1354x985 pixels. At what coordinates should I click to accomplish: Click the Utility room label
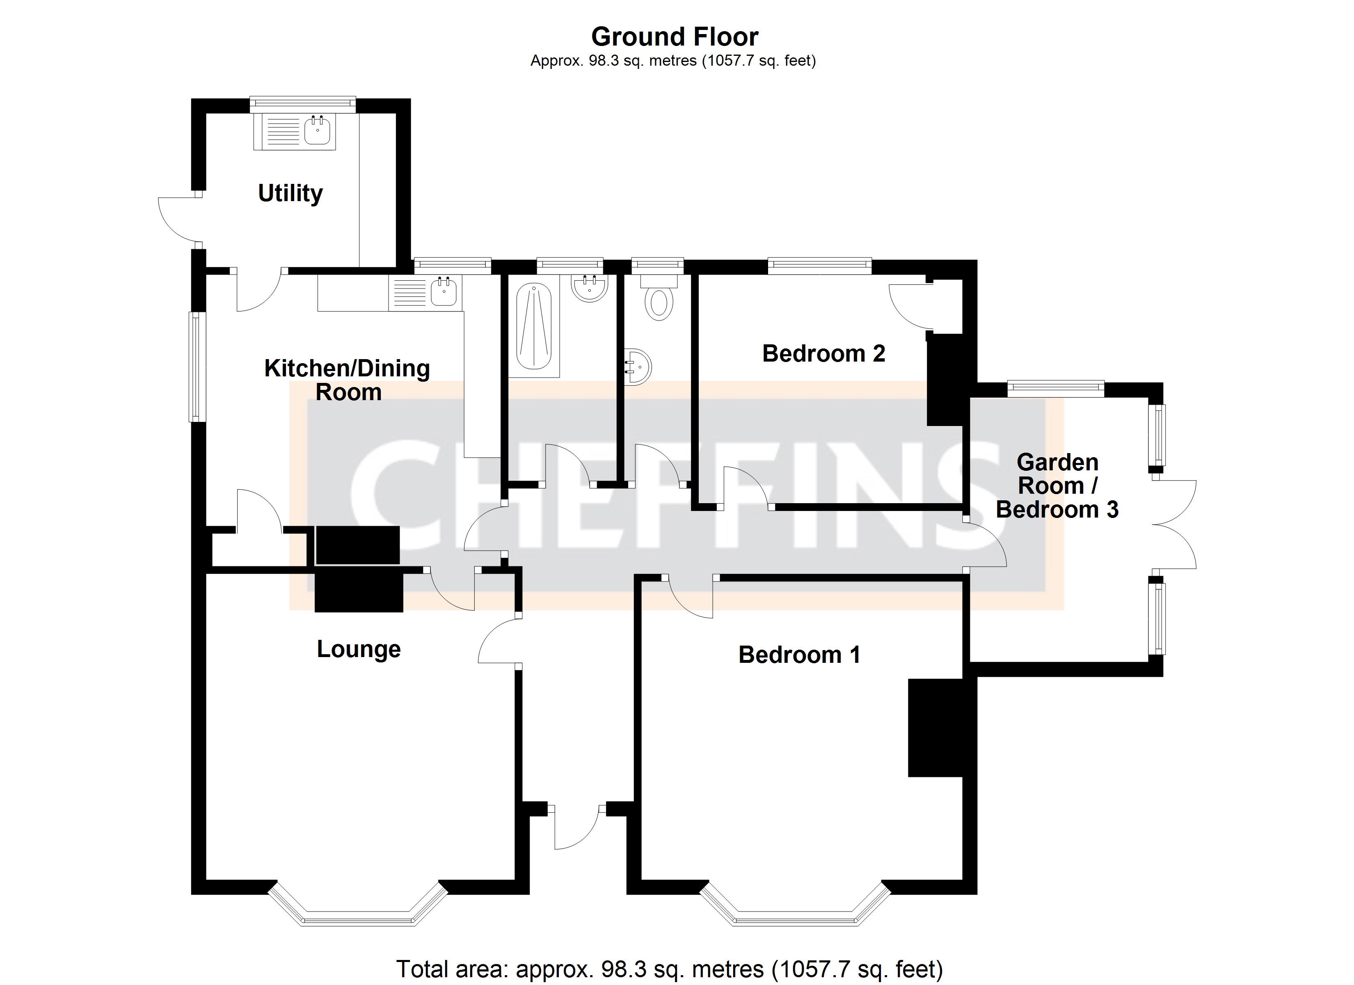coord(290,194)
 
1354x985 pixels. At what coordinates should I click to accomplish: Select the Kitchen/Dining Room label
coord(348,380)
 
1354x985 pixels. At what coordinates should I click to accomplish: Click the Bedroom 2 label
coord(823,354)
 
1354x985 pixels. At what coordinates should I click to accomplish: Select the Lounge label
coord(358,649)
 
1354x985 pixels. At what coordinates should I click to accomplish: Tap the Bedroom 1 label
coord(799,655)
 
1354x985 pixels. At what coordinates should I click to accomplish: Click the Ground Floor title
coord(675,37)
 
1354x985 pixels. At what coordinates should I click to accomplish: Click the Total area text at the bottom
coord(669,969)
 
